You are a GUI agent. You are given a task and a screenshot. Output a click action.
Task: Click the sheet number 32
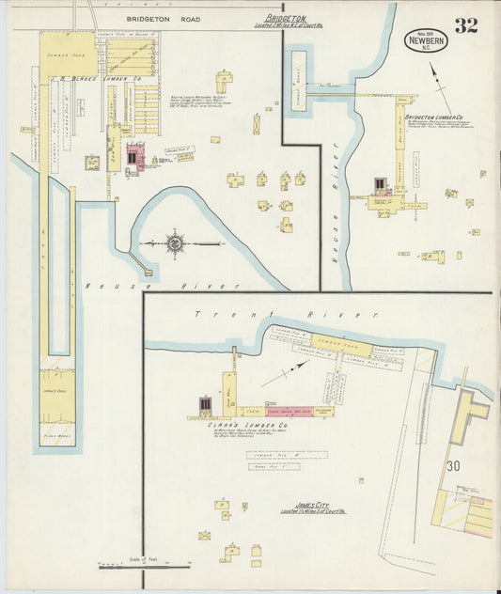(x=465, y=25)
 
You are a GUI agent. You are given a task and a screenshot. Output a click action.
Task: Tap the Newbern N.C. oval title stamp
(x=427, y=40)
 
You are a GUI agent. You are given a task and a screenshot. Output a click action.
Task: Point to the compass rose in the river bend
(x=175, y=244)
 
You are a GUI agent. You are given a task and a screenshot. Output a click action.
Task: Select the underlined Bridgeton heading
(x=287, y=18)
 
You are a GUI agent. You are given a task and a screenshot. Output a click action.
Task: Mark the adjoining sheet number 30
(x=454, y=465)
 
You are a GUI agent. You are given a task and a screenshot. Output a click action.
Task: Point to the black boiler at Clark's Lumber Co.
(x=204, y=404)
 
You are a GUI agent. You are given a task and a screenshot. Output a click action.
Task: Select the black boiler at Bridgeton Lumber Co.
(x=380, y=184)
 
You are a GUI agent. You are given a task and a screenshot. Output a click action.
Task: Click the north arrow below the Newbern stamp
(x=439, y=77)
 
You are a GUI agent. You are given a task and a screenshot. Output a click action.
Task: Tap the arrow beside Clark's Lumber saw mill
(x=285, y=373)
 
